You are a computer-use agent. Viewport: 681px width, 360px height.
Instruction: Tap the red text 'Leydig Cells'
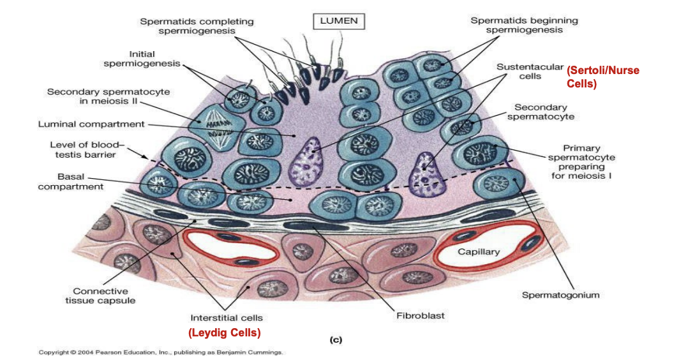click(225, 333)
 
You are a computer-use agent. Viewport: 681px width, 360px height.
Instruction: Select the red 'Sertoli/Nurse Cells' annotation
click(602, 77)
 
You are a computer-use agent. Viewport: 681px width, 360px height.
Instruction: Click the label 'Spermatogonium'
click(560, 295)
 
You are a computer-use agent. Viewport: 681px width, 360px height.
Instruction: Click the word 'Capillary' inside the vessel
click(479, 251)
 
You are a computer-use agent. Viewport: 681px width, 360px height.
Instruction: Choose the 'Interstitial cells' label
click(227, 317)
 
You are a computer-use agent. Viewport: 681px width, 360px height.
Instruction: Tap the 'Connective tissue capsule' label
click(100, 296)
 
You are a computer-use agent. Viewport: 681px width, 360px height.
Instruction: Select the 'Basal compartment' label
click(70, 182)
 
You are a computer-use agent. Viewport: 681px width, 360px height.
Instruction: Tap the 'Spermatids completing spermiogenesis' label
click(197, 26)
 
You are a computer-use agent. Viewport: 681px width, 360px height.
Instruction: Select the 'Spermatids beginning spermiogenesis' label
click(524, 25)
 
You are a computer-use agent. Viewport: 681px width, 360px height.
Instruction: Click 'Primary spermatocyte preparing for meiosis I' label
click(581, 162)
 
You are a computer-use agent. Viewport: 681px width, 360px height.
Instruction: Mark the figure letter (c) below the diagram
click(336, 340)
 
